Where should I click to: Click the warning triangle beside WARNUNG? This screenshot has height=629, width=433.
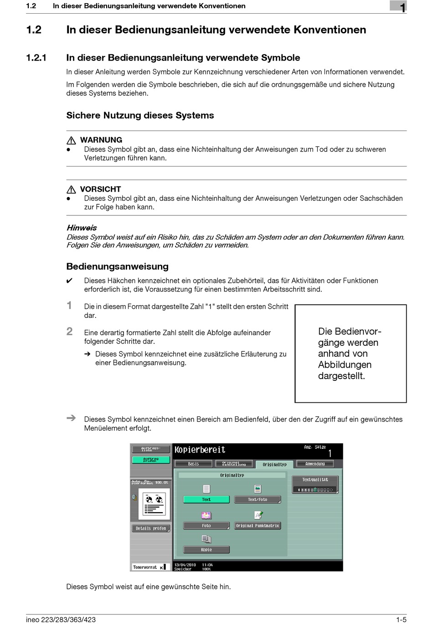click(x=71, y=140)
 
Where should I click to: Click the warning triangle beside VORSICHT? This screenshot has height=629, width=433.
click(x=71, y=190)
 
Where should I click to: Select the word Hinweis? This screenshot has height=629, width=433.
click(x=82, y=228)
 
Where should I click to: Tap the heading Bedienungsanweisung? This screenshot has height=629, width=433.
click(x=117, y=266)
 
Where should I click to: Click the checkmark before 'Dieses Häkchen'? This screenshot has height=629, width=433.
click(x=69, y=281)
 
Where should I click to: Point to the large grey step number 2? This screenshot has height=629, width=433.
click(x=69, y=332)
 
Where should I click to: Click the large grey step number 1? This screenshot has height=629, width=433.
click(x=69, y=305)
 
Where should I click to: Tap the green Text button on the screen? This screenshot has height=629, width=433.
click(x=206, y=499)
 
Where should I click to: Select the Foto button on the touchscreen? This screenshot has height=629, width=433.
click(x=206, y=526)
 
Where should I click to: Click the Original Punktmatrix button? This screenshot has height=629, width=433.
click(x=257, y=526)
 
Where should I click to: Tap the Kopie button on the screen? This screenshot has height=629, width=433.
click(x=206, y=550)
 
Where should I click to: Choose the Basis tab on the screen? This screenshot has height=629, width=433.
click(x=193, y=464)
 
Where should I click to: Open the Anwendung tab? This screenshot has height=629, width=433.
click(x=315, y=464)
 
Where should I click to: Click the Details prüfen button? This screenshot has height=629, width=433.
click(x=151, y=528)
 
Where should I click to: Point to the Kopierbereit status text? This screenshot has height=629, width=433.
click(x=200, y=450)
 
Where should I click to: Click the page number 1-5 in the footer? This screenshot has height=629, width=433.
click(x=401, y=619)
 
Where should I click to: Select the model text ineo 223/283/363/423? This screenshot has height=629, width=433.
click(x=61, y=619)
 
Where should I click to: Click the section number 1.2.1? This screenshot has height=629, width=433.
click(x=36, y=58)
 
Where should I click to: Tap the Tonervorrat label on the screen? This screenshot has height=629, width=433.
click(x=145, y=567)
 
